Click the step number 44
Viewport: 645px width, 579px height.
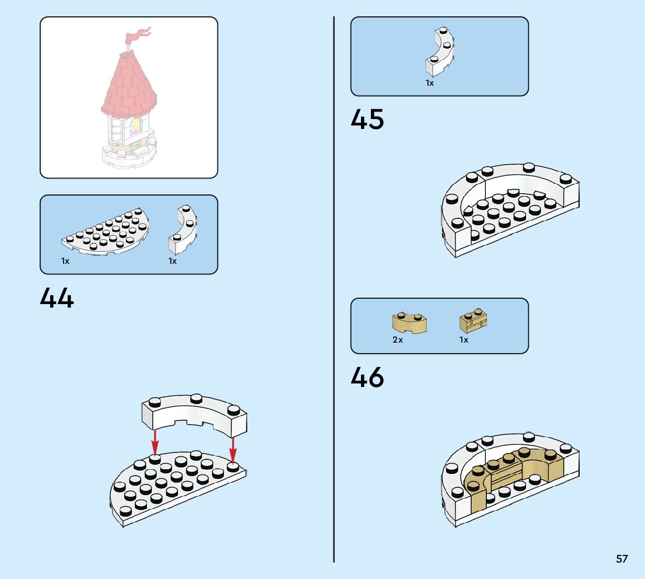point(57,298)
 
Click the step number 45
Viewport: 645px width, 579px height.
point(367,120)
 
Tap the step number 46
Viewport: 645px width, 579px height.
point(367,378)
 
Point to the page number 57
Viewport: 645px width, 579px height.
point(622,559)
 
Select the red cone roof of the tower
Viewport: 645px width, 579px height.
point(130,82)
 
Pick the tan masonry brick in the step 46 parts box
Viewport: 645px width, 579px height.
point(473,320)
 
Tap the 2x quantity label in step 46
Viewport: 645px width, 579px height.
point(398,340)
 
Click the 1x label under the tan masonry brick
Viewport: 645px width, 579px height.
point(464,340)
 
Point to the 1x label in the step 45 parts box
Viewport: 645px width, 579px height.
point(430,83)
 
